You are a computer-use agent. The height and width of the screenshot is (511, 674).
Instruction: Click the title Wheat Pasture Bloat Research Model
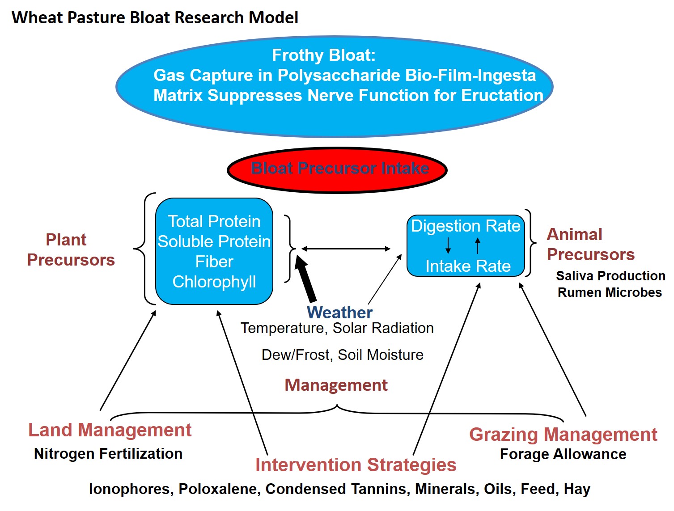(155, 17)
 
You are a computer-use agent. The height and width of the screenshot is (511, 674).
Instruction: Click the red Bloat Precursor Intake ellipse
(337, 170)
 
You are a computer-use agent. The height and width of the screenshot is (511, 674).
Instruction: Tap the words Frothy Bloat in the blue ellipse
(324, 55)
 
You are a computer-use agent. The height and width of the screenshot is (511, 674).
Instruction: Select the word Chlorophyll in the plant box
(214, 282)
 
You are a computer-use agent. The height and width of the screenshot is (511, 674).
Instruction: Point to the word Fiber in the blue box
(214, 262)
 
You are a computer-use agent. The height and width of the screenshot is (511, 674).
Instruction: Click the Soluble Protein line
(214, 241)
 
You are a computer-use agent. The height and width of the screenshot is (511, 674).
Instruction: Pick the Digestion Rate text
(466, 226)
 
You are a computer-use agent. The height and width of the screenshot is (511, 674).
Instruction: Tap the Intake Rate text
(468, 266)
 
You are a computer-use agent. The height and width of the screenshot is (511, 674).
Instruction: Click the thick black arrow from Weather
(305, 279)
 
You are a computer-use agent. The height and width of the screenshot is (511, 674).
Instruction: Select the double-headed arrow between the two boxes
(346, 249)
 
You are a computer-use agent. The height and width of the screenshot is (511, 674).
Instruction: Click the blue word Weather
(339, 313)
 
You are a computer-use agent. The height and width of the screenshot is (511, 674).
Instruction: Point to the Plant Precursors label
(71, 249)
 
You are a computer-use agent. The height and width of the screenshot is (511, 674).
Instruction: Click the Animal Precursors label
(590, 245)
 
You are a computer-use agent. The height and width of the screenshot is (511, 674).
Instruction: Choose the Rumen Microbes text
(610, 292)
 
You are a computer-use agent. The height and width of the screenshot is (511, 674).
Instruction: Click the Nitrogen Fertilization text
(108, 454)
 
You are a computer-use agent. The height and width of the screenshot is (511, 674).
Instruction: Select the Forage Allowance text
(563, 454)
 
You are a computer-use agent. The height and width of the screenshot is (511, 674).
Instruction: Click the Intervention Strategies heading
(356, 465)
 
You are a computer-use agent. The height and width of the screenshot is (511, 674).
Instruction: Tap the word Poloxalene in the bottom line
(220, 489)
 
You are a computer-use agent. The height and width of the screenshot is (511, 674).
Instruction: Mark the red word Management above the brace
(336, 385)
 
